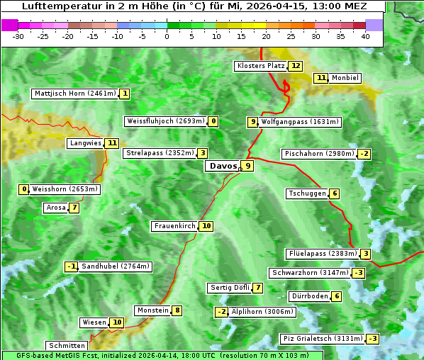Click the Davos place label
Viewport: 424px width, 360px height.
[223, 167]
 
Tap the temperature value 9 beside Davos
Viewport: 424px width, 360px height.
[247, 167]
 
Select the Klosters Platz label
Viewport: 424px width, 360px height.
[260, 66]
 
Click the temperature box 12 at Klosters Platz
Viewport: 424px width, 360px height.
[295, 66]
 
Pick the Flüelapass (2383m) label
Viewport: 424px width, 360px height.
[322, 254]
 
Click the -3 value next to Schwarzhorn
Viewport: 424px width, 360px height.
[359, 273]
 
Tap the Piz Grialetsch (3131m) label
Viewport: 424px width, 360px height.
[323, 339]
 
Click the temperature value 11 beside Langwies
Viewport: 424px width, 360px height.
[113, 143]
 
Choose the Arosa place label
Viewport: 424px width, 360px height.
[55, 208]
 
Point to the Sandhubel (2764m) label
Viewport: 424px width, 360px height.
[115, 266]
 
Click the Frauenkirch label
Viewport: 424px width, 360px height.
[174, 226]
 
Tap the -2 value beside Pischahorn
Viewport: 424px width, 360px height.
[364, 154]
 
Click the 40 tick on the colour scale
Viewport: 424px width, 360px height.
[365, 36]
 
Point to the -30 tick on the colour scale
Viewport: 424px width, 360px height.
[18, 36]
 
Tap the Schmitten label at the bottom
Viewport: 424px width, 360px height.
[68, 346]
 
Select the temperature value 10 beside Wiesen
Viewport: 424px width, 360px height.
[118, 322]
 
